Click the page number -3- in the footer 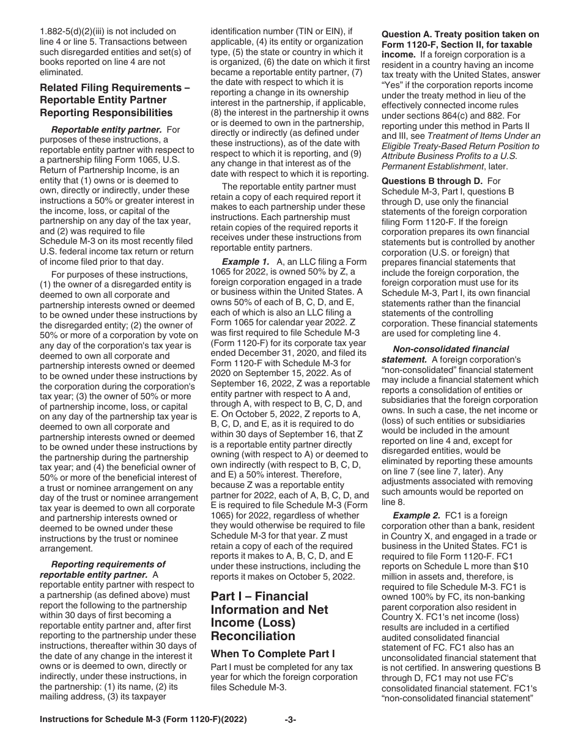[x=290, y=737]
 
